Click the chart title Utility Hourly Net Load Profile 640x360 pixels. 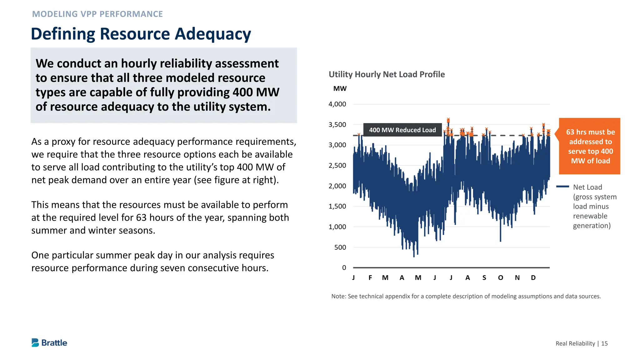[x=387, y=74]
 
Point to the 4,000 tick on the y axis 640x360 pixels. [x=337, y=104]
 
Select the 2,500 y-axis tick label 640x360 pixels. [x=337, y=166]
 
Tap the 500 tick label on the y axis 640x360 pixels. [x=340, y=247]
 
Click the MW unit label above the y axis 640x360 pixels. [x=340, y=89]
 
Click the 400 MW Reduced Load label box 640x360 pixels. [x=402, y=130]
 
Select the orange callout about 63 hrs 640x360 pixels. [x=589, y=146]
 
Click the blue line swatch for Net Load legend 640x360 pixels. [x=562, y=187]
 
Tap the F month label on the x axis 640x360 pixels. [x=370, y=278]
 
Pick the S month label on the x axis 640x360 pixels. [x=484, y=278]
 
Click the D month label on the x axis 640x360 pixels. [x=533, y=278]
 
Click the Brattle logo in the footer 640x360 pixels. [x=49, y=343]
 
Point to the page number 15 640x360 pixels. [x=604, y=344]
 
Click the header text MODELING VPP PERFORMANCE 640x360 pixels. [x=97, y=14]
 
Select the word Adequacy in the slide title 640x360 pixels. [x=212, y=34]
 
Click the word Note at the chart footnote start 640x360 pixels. [x=338, y=296]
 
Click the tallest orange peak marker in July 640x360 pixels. [x=448, y=120]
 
